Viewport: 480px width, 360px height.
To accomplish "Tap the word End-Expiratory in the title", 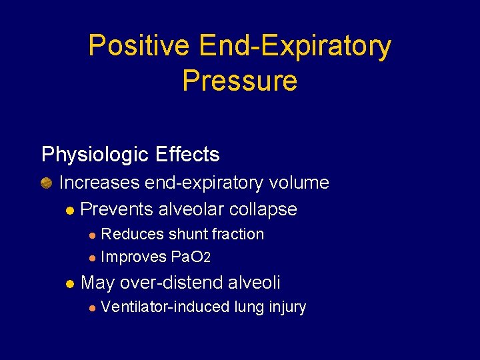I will [x=295, y=47].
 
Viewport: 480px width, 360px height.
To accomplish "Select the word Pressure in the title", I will [x=239, y=81].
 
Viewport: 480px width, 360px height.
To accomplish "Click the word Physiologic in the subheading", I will [x=94, y=155].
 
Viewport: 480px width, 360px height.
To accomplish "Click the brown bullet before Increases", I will [x=47, y=183].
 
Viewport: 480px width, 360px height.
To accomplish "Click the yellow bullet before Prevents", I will [x=70, y=210].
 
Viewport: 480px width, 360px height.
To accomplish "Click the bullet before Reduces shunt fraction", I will [x=92, y=235].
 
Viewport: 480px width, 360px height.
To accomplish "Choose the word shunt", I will [x=189, y=235].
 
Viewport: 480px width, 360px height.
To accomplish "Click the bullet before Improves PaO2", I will [x=92, y=258].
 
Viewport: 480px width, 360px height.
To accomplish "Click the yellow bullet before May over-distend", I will [x=70, y=284].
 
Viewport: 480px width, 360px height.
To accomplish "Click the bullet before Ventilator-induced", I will [x=92, y=308].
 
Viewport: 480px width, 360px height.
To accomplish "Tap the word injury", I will [x=287, y=307].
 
